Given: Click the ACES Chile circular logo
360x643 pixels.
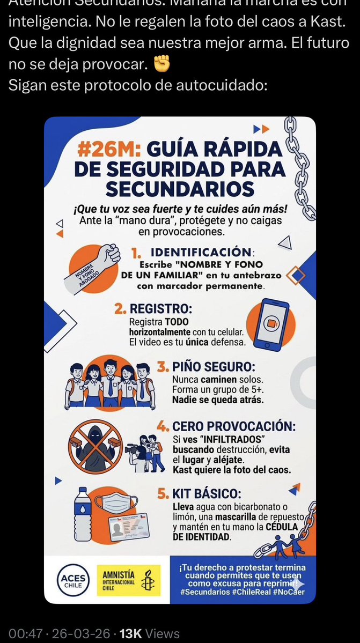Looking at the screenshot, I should [74, 580].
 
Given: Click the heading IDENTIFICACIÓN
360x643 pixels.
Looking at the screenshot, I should [201, 252].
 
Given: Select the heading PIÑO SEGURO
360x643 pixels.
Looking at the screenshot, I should [213, 367].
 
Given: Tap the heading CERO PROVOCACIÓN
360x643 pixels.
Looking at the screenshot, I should [233, 426].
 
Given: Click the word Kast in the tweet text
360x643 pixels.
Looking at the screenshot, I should [329, 25].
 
